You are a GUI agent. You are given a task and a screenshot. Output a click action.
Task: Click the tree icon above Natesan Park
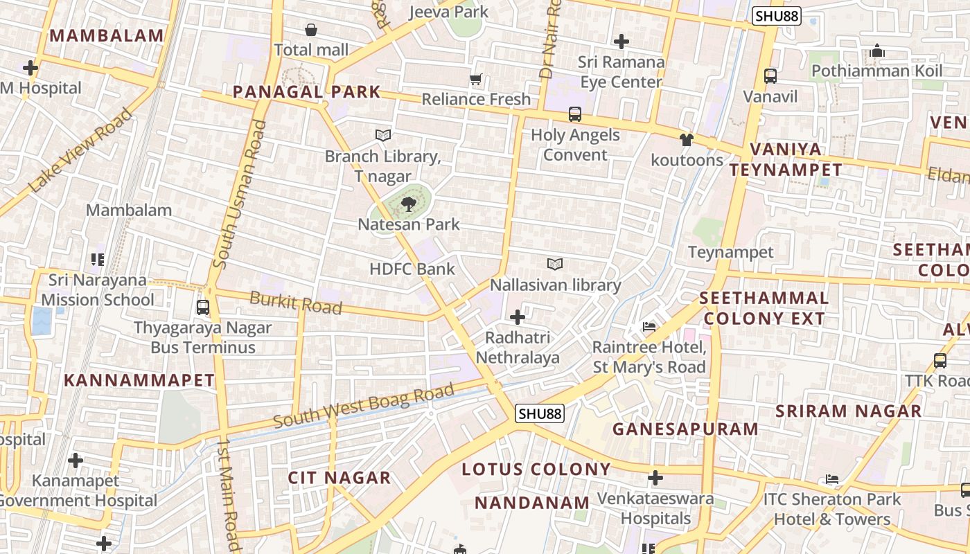pos(408,204)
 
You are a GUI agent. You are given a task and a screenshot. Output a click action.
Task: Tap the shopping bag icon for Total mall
pos(311,30)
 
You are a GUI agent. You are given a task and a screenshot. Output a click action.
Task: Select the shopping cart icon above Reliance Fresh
pos(475,79)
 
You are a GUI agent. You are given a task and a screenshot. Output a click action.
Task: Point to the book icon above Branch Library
pos(382,135)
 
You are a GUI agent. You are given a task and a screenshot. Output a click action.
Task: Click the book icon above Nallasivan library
pos(555,264)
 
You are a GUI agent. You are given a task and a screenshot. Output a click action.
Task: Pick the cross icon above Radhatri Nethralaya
pos(518,317)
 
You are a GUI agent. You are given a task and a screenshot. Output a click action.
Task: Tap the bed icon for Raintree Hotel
pos(649,326)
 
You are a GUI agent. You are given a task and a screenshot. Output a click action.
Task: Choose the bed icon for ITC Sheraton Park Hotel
pos(832,479)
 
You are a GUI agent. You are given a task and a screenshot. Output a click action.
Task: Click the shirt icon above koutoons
pos(686,140)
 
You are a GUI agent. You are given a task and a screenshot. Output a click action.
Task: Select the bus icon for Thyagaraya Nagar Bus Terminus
pos(203,307)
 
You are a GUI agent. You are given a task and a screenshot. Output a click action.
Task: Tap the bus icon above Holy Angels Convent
pos(575,114)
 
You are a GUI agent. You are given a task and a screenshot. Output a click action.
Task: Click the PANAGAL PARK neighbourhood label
pos(306,91)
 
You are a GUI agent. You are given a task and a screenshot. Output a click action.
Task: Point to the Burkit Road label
pos(296,303)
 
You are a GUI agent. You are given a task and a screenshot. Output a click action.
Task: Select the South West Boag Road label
pos(364,409)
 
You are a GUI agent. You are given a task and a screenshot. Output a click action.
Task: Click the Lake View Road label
pos(81,150)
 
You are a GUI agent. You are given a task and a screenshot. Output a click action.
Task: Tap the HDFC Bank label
pos(412,269)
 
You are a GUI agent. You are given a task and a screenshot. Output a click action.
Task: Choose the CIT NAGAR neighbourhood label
pos(339,478)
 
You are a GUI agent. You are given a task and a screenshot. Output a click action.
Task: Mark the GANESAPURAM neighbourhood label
pos(685,429)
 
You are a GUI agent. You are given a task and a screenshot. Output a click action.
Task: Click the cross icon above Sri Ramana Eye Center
pos(621,42)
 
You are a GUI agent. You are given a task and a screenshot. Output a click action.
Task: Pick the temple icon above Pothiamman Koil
pos(877,51)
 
